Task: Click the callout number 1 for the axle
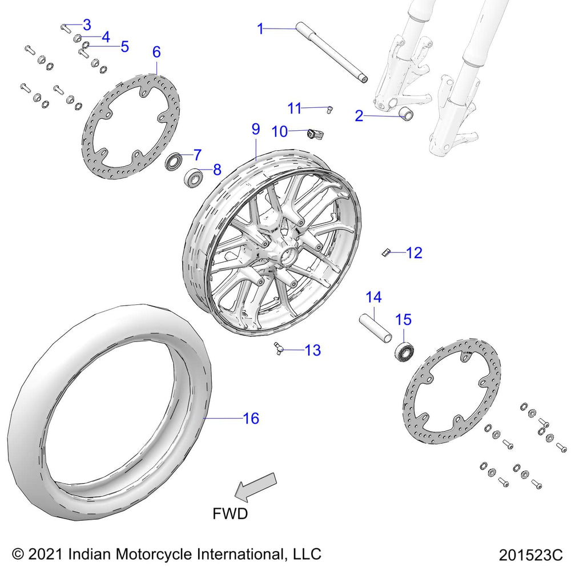coord(261,28)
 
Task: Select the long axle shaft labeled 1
coord(331,54)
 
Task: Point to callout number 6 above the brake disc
coord(156,51)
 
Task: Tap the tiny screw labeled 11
coord(331,108)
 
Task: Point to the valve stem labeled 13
coord(278,347)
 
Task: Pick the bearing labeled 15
coord(404,351)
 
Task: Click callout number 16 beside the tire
coord(251,419)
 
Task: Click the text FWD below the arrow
coord(230,513)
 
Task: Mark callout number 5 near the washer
coord(124,46)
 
